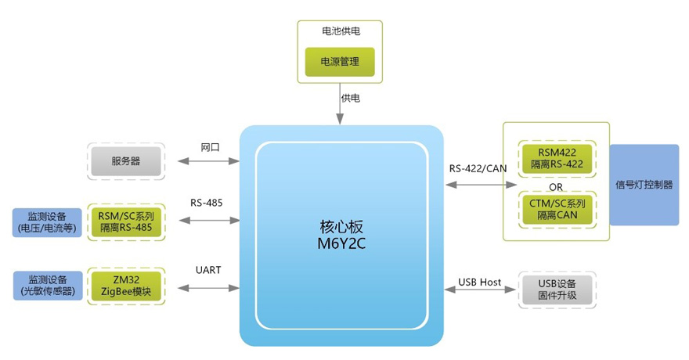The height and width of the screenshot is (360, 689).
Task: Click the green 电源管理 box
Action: (340, 60)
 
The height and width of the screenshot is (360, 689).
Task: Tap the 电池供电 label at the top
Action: (341, 31)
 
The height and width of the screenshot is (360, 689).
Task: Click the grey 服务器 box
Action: (125, 161)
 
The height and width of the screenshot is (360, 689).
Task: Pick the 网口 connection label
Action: (210, 147)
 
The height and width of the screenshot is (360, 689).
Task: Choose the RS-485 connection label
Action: (207, 203)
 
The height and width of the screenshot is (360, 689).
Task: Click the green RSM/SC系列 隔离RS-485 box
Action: (125, 222)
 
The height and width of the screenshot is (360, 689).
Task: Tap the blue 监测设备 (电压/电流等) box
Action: (48, 222)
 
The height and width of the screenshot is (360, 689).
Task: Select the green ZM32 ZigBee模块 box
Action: (125, 286)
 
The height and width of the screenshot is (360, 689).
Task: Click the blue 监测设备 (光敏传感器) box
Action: (48, 286)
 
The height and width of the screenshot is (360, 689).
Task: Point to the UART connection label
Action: (208, 270)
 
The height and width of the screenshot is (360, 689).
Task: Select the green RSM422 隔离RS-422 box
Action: (557, 158)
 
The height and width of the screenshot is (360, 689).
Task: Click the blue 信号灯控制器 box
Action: (644, 185)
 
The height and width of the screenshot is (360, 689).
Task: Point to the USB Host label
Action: (479, 282)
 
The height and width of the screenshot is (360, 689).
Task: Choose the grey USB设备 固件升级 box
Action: (557, 290)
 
